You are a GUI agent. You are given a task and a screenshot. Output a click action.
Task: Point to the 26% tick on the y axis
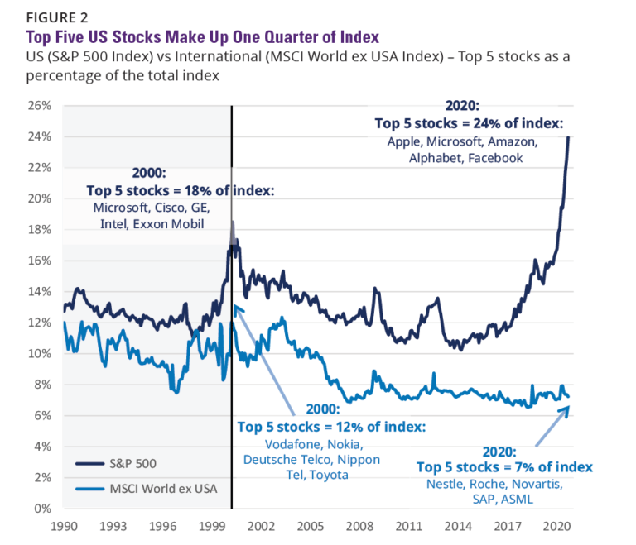pyautogui.click(x=40, y=106)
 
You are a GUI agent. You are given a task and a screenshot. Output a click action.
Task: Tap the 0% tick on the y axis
pyautogui.click(x=43, y=509)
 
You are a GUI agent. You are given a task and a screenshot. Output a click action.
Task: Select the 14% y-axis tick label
pyautogui.click(x=40, y=292)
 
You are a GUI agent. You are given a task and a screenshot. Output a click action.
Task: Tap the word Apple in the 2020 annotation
pyautogui.click(x=406, y=141)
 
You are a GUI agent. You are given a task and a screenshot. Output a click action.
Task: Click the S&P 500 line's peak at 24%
pyautogui.click(x=568, y=137)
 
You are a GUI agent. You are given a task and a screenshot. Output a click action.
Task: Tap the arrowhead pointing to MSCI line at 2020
pyautogui.click(x=566, y=409)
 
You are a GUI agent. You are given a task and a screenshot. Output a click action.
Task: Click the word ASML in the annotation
pyautogui.click(x=520, y=499)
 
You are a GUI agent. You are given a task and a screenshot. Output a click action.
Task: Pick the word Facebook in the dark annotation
pyautogui.click(x=497, y=157)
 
